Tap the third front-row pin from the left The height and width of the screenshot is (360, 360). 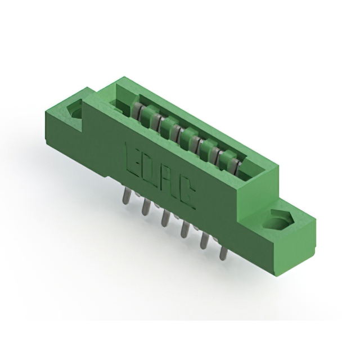[164, 218]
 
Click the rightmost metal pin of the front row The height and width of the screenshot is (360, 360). [223, 251]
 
